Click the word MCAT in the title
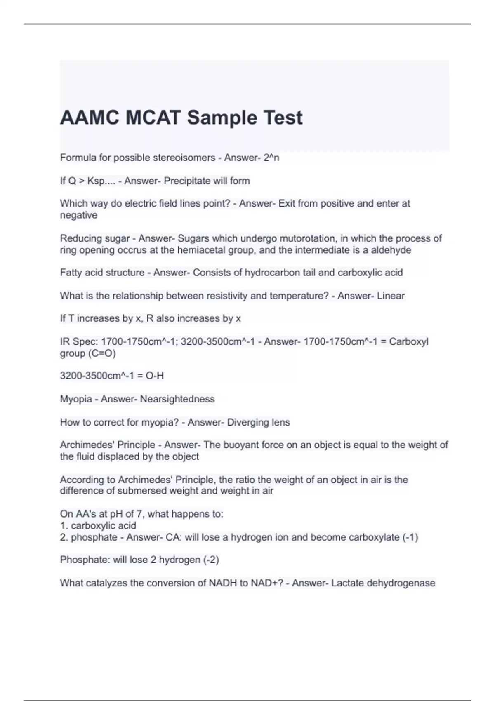click(x=153, y=118)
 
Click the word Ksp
click(x=96, y=181)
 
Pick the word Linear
click(x=391, y=296)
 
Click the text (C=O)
click(x=101, y=353)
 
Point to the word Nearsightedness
click(x=177, y=399)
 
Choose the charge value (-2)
click(x=211, y=560)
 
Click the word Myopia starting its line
click(x=76, y=399)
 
